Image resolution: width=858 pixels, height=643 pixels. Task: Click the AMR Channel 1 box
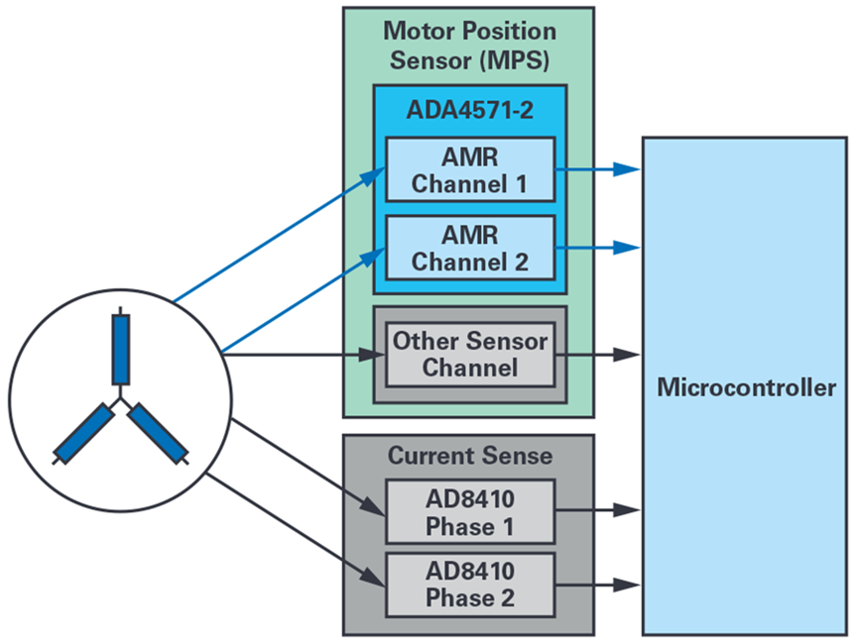[x=469, y=169]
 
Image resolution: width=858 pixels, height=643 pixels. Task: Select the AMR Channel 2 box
[x=469, y=249]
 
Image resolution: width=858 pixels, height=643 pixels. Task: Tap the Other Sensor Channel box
[x=469, y=354]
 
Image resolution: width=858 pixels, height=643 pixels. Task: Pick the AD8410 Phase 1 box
[x=469, y=511]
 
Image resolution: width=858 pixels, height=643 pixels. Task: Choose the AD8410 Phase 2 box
[x=469, y=586]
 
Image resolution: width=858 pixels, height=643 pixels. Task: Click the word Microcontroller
[x=746, y=387]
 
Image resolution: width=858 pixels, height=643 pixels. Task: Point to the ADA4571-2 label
[x=469, y=109]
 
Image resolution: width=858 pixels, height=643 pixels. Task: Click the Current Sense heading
[x=469, y=456]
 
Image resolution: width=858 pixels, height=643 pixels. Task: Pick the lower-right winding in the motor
[x=157, y=432]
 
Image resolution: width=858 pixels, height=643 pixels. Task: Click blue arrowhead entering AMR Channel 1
[x=375, y=175]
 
